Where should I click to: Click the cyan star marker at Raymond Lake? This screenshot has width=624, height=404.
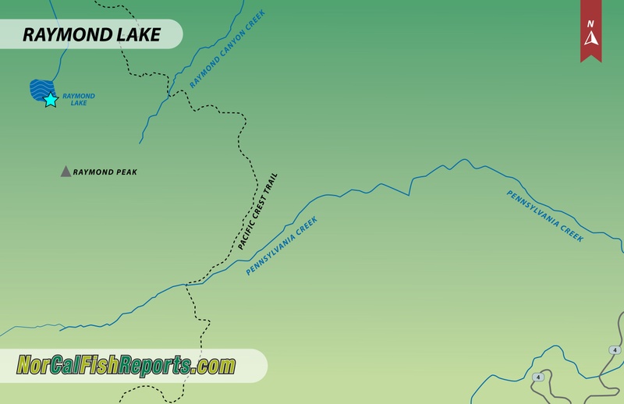click(x=51, y=100)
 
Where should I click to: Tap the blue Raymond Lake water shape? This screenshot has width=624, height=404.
click(x=39, y=90)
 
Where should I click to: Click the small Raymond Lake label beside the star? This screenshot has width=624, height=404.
click(x=79, y=99)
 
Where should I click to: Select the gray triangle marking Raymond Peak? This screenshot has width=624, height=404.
click(x=66, y=171)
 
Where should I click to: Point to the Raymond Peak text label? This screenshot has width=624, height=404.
click(x=105, y=171)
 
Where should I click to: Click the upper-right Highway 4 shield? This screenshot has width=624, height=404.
click(x=615, y=349)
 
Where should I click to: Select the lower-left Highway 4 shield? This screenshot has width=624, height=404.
click(x=537, y=377)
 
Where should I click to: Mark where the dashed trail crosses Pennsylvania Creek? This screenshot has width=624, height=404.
click(x=188, y=285)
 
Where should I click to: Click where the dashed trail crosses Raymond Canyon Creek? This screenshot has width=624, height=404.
click(x=169, y=95)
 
